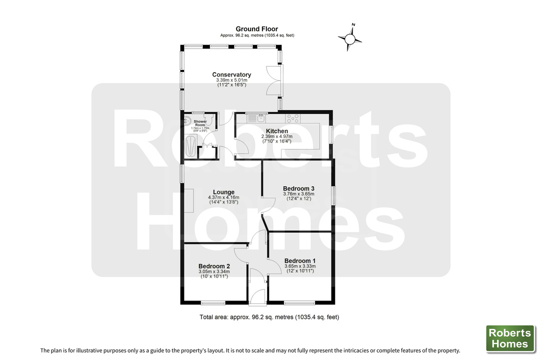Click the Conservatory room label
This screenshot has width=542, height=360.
231,74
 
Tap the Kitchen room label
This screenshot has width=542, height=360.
277,131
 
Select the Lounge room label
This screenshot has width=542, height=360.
223,192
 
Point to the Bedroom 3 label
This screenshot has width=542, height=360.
298,188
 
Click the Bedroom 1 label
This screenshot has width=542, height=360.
300,260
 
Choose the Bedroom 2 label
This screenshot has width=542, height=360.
214,266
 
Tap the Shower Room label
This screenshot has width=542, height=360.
200,123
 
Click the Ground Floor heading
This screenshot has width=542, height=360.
257,29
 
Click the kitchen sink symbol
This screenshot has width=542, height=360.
256,118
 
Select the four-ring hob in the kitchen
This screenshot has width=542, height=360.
293,118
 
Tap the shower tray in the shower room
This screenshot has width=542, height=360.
190,146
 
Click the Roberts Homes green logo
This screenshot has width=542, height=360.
510,338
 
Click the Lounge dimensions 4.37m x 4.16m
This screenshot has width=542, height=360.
223,197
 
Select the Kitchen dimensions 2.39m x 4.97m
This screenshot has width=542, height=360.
277,136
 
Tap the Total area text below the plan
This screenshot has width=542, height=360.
269,317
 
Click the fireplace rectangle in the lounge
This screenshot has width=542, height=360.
188,200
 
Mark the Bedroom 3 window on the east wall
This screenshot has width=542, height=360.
333,196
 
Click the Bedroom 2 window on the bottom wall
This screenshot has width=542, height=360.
213,303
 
